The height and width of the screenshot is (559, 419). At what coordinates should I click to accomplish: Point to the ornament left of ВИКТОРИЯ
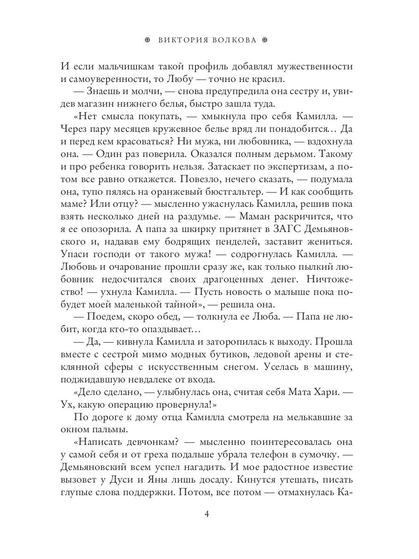click(x=148, y=40)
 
